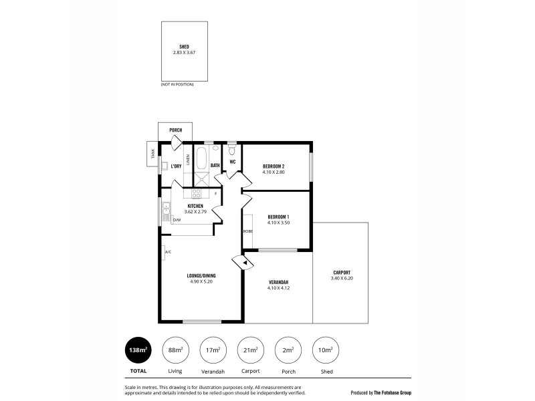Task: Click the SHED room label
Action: (184, 46)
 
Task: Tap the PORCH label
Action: (175, 130)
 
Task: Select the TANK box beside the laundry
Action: (152, 153)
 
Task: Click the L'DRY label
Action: (177, 166)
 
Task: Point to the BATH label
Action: (215, 165)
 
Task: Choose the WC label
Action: (233, 161)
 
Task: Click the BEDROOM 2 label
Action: (274, 166)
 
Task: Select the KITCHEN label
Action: (195, 206)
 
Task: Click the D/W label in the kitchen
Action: (177, 219)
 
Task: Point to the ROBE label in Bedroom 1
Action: (247, 231)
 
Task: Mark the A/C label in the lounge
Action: (168, 252)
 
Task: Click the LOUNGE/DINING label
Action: (201, 275)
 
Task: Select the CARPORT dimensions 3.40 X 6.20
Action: (341, 278)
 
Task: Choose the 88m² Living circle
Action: (175, 350)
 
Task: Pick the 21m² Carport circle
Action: (250, 350)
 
